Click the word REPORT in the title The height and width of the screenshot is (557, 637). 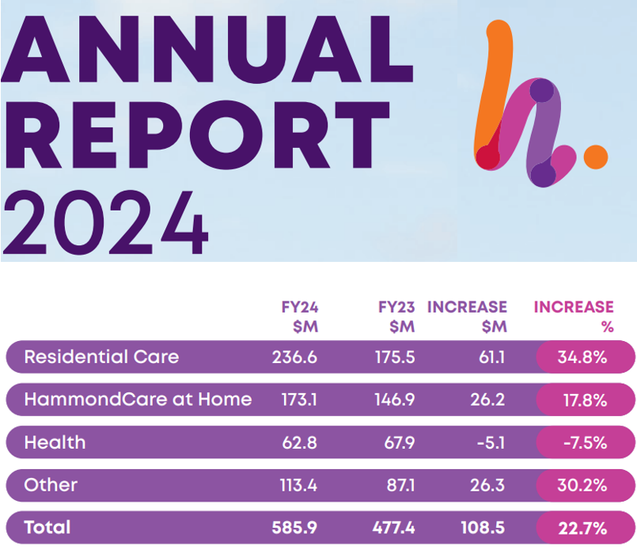click(196, 131)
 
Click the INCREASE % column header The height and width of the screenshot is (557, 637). click(573, 316)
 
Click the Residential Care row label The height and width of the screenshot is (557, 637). click(101, 357)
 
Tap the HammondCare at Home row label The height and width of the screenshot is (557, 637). click(138, 400)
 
